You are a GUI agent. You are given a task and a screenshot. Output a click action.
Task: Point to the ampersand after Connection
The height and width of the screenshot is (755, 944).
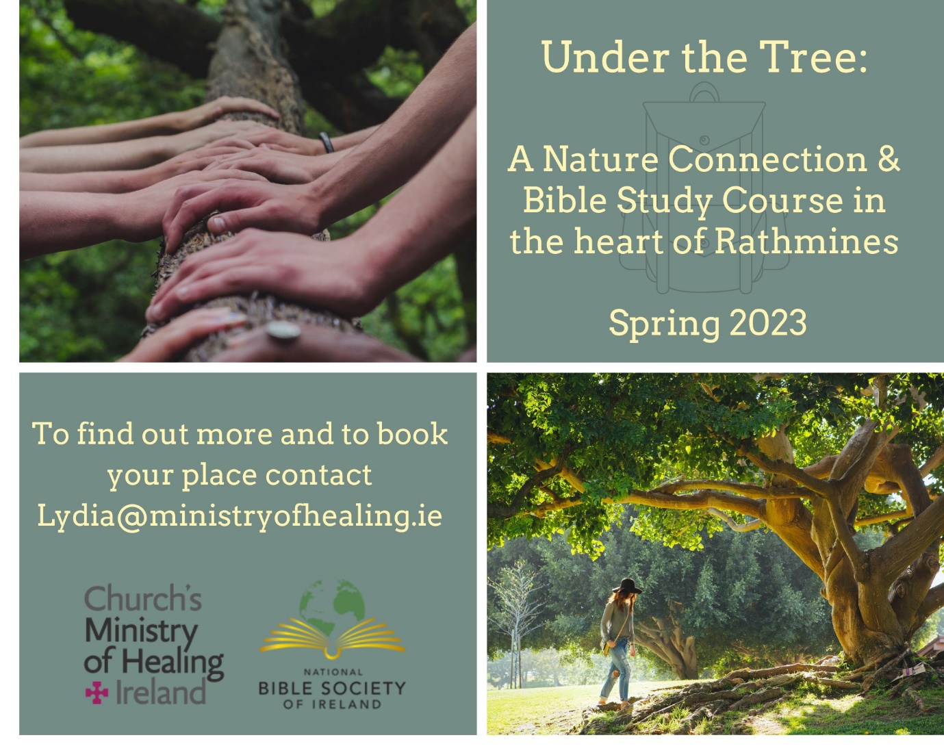click(x=888, y=159)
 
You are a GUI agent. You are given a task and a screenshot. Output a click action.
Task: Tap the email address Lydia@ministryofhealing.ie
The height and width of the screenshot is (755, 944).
click(x=240, y=515)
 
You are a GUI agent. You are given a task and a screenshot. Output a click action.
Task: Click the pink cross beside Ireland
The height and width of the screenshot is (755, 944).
click(x=97, y=694)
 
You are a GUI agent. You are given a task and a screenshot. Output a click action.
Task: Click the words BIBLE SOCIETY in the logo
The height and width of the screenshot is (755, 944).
click(x=332, y=688)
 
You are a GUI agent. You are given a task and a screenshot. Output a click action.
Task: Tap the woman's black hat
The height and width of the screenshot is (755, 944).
click(x=626, y=587)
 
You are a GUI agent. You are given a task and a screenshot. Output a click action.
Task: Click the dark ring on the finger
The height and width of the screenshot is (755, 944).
click(x=327, y=142)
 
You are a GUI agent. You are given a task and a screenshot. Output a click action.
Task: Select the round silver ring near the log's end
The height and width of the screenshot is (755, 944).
click(x=283, y=332)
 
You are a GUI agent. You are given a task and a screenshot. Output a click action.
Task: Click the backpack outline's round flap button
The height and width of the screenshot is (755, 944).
click(x=704, y=141)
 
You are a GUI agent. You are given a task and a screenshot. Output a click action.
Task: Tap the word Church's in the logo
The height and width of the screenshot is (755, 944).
click(x=142, y=598)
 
